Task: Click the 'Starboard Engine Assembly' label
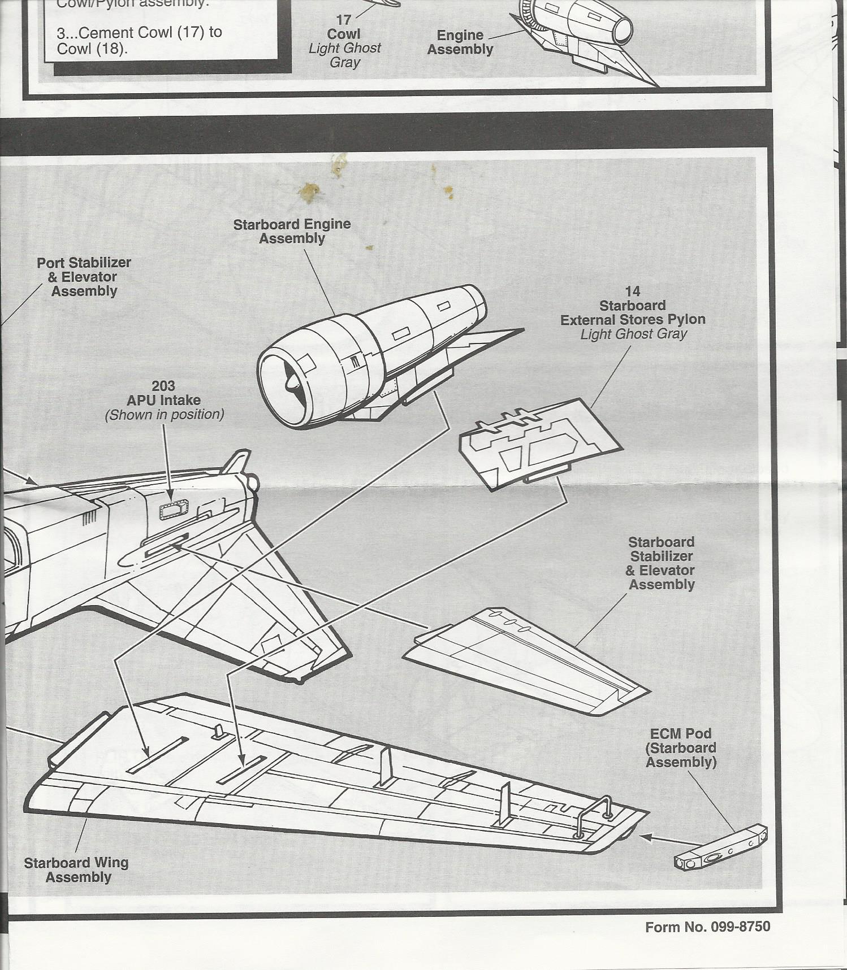coord(292,232)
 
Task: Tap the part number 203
coord(163,386)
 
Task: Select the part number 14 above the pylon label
coord(632,292)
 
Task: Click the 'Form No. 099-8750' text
coord(707,927)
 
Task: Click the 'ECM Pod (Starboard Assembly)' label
coord(681,748)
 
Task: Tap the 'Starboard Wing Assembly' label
coord(76,870)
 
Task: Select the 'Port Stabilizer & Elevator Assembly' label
coord(84,277)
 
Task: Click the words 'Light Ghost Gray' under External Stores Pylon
coord(633,334)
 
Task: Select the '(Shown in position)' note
coord(164,415)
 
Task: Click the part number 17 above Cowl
coord(344,20)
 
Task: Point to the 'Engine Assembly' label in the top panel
coord(460,42)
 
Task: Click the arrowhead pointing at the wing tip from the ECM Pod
coord(644,837)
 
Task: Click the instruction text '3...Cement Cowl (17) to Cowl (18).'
coord(139,40)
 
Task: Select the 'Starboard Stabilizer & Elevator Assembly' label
coord(661,563)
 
